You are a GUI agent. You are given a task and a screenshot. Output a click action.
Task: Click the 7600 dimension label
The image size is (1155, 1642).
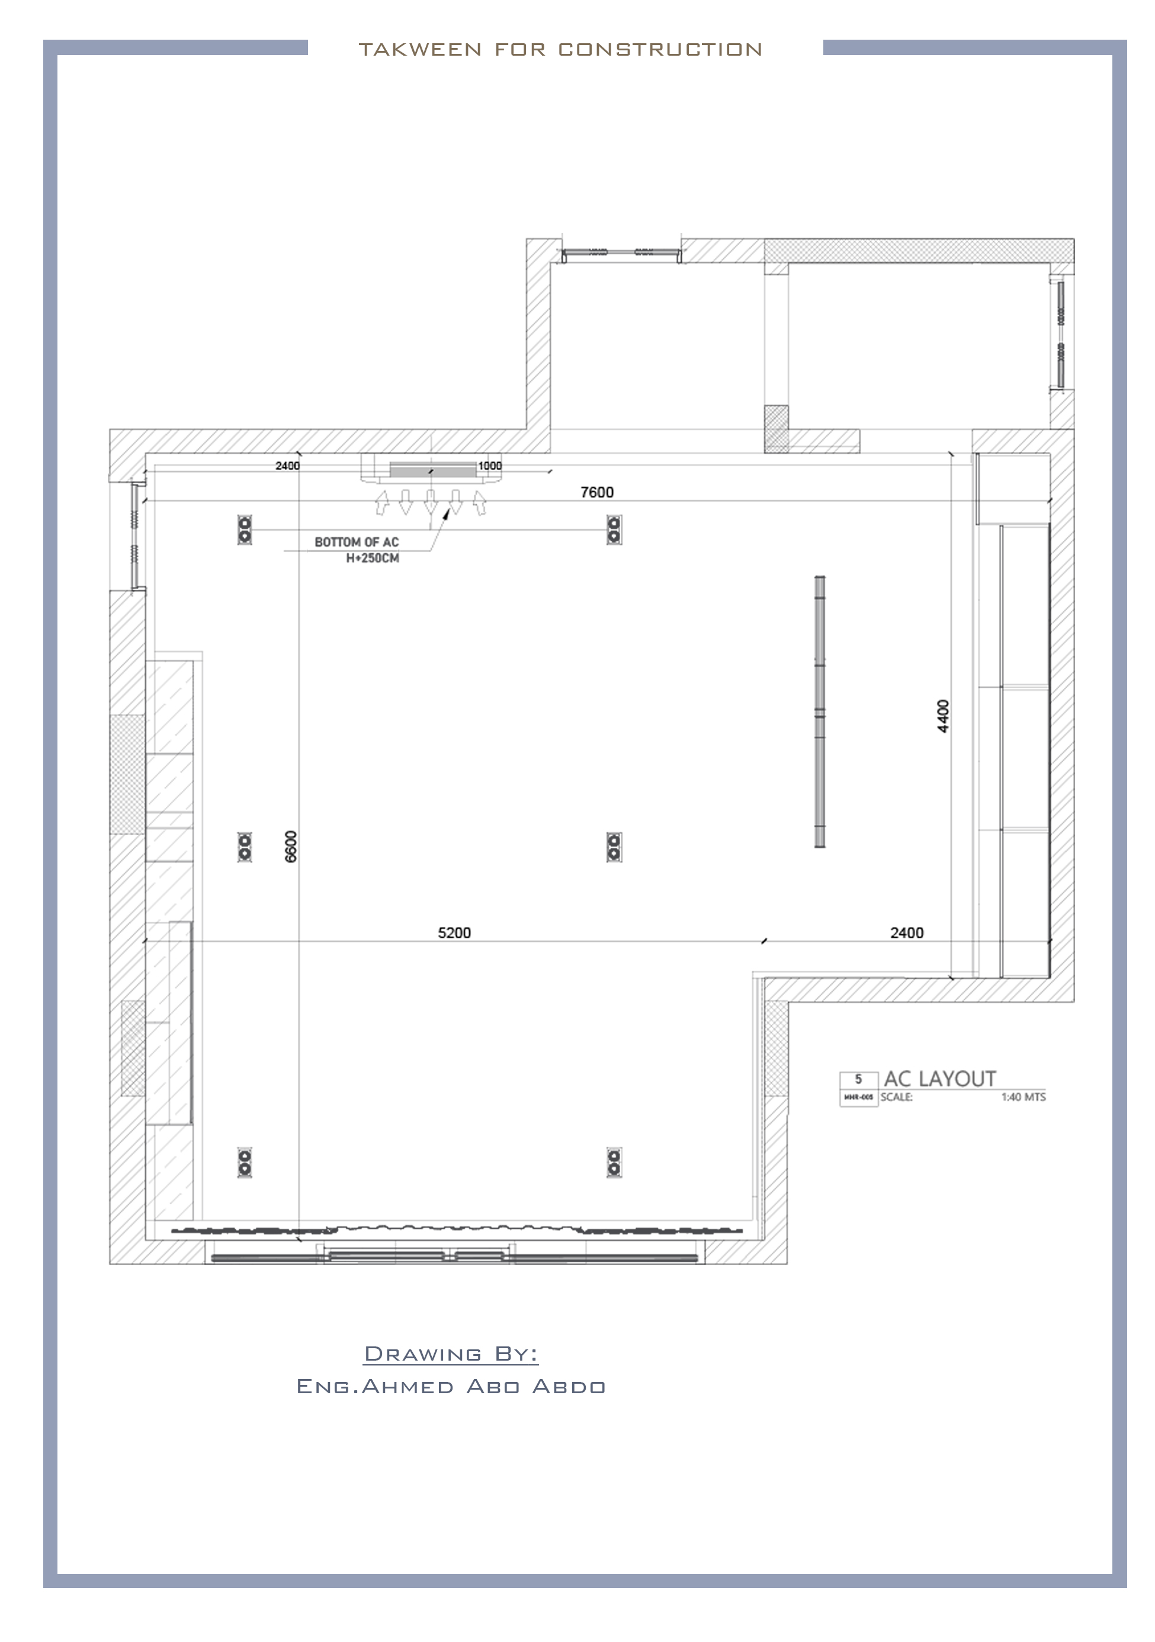[x=596, y=492]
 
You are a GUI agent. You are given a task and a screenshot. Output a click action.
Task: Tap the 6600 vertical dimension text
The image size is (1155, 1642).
[x=290, y=846]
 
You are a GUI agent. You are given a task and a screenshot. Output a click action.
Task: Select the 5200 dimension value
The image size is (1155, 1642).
[x=454, y=932]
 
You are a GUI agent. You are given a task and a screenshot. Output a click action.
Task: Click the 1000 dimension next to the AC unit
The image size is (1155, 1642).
[x=490, y=466]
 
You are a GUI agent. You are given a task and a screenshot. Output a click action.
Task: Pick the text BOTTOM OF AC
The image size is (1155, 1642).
[x=356, y=542]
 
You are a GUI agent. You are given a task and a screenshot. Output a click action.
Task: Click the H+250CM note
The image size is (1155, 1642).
[x=372, y=558]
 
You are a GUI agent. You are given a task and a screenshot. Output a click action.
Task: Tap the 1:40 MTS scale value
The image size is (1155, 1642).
[x=1023, y=1097]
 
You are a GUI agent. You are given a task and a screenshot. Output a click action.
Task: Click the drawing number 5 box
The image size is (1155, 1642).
[x=858, y=1079]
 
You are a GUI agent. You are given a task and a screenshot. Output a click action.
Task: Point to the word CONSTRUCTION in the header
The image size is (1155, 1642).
[x=659, y=49]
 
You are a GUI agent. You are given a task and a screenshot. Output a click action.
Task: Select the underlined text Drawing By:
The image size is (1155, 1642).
[x=451, y=1354]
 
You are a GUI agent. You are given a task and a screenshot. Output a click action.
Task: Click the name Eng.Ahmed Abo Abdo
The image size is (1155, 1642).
[x=451, y=1387]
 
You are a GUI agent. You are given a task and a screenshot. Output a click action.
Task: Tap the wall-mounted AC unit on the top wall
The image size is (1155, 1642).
[x=432, y=469]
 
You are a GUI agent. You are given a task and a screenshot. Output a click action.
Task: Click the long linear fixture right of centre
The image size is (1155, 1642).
[x=820, y=711]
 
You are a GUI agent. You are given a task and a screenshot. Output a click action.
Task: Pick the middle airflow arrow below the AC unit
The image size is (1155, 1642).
[x=431, y=501]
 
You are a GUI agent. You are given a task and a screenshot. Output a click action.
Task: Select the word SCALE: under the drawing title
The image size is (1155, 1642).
[x=896, y=1097]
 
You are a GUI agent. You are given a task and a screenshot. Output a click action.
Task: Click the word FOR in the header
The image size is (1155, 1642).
[x=519, y=49]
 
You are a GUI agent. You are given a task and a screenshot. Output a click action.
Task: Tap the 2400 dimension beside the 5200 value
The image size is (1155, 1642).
[x=906, y=932]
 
